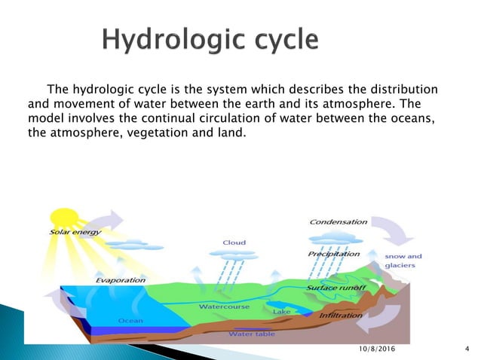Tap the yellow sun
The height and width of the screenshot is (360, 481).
[63, 219]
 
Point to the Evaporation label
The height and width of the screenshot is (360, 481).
[121, 280]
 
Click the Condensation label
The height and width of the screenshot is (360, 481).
[339, 222]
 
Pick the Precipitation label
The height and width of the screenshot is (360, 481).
[333, 255]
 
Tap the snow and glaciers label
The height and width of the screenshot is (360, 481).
[403, 261]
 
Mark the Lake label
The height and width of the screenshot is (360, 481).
[281, 311]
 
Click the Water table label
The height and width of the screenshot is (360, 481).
[252, 333]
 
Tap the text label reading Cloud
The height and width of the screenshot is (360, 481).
[234, 243]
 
